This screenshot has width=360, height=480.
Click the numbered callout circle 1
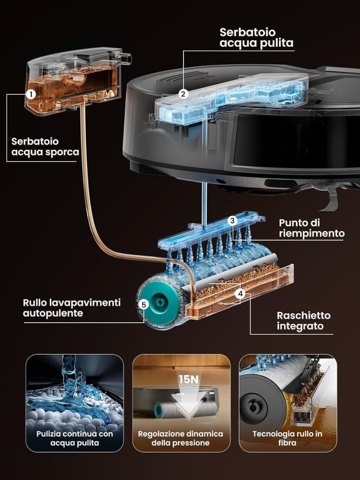(31, 94)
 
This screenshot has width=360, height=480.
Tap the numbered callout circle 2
(183, 94)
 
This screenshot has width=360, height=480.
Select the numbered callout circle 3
(232, 221)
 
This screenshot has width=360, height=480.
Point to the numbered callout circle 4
(241, 294)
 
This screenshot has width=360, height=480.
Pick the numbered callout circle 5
(143, 305)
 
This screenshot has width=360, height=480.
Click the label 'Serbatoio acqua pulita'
(257, 37)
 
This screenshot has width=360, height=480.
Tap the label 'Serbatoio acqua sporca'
(45, 146)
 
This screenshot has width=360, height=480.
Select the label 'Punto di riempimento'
(311, 228)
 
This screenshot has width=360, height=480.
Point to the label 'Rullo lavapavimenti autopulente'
(71, 308)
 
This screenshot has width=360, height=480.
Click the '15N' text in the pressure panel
(188, 379)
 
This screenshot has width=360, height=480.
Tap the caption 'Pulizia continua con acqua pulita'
(74, 439)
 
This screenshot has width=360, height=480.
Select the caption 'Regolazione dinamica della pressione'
(181, 439)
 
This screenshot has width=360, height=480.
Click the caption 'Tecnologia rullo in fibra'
(287, 439)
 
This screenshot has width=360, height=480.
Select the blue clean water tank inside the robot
(231, 98)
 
